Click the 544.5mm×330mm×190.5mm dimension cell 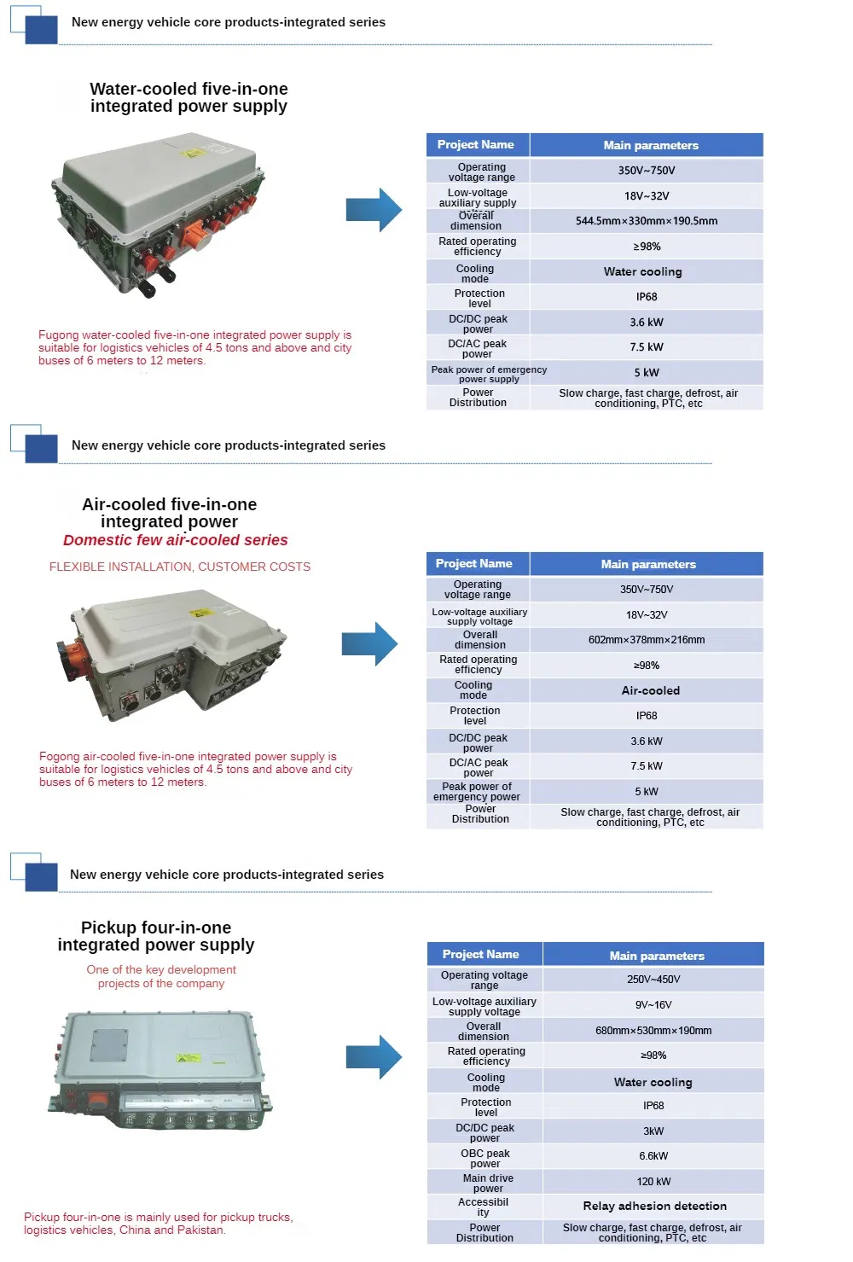646,221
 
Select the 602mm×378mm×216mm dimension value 646,640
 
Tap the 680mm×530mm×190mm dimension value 653,1031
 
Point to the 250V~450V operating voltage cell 653,980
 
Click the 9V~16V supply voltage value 653,1005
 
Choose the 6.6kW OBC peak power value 653,1156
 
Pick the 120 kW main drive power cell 653,1182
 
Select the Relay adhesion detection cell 654,1206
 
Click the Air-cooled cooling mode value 650,690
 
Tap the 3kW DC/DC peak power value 653,1131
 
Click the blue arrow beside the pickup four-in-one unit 374,1057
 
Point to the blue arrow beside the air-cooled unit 369,644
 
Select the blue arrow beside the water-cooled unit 374,209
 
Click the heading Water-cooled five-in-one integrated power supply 189,97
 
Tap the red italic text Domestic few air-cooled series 175,540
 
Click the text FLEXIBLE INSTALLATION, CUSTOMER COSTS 179,567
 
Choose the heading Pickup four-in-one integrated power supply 156,936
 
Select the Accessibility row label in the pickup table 484,1207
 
